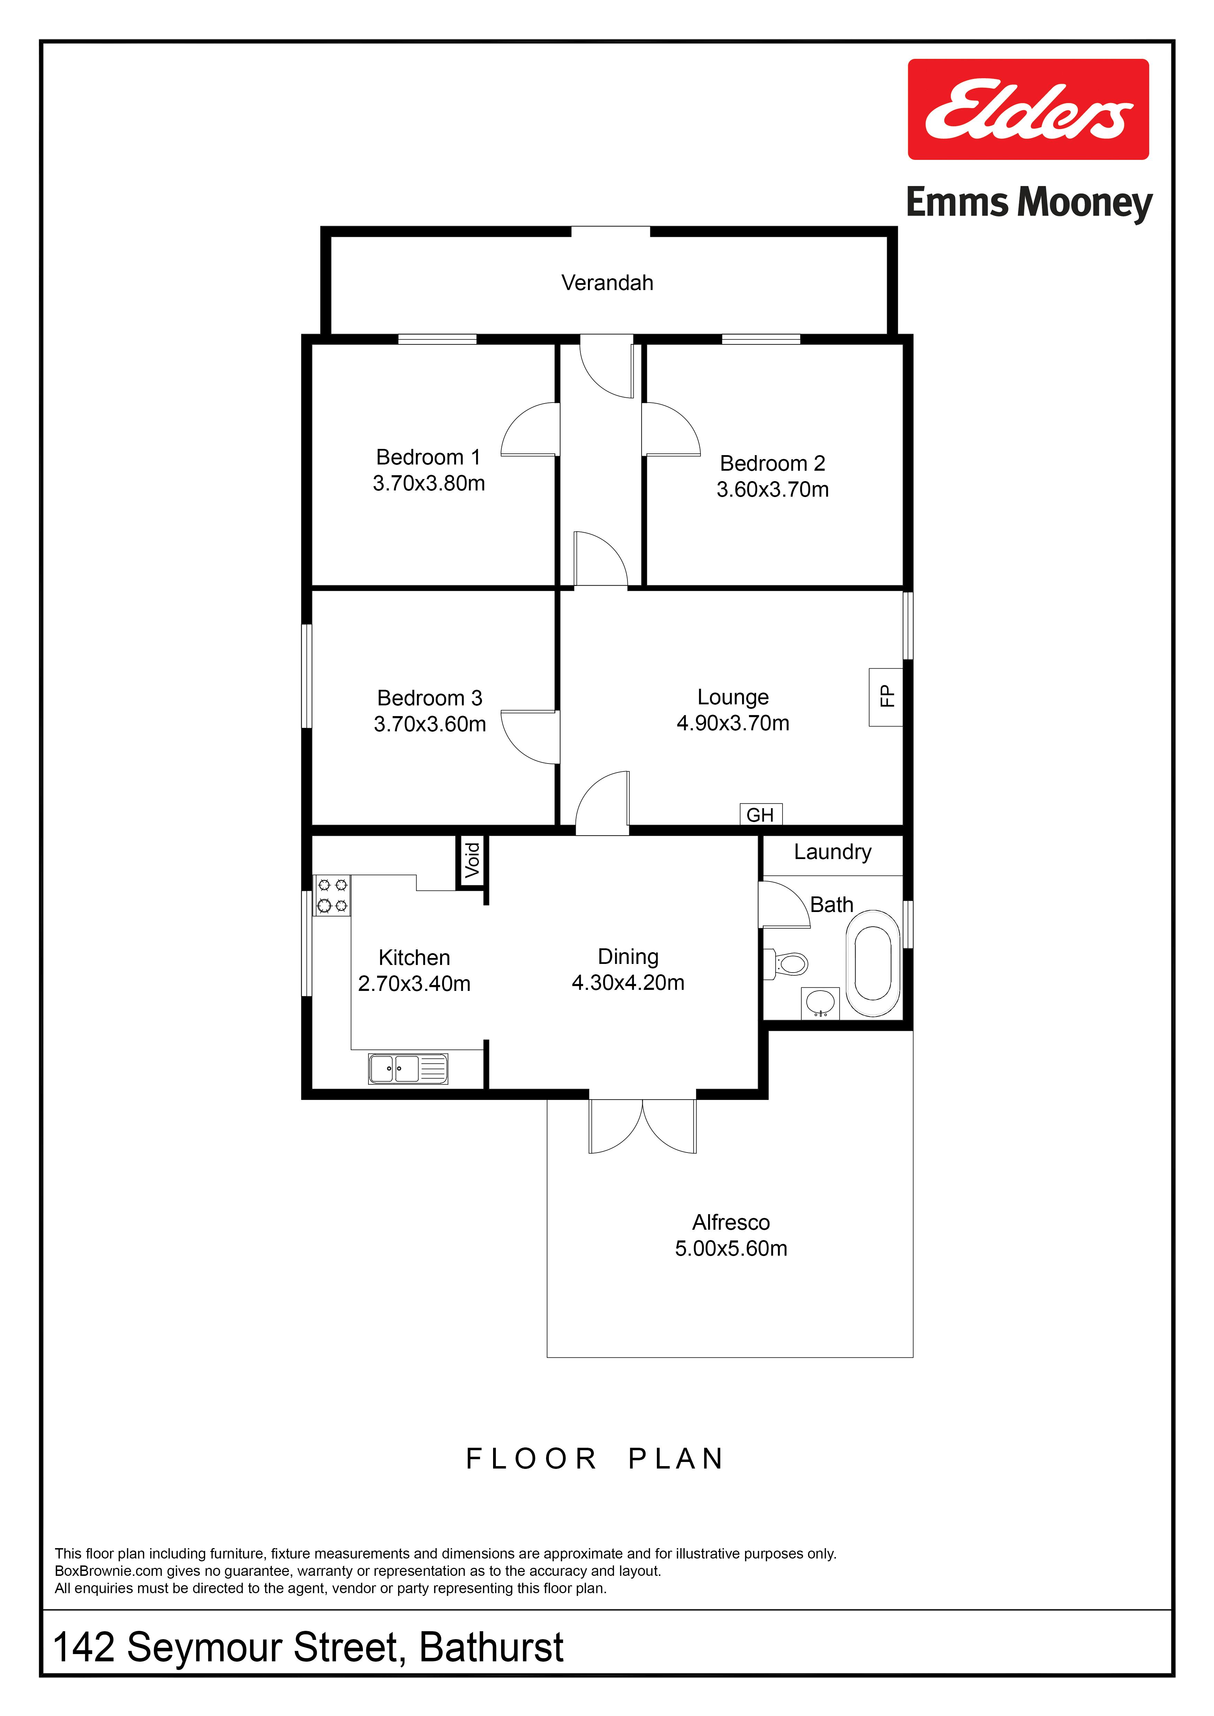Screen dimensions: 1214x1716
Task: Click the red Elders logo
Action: (x=1028, y=109)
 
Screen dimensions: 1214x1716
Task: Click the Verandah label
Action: (x=607, y=282)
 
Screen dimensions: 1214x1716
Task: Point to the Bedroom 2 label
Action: (x=772, y=463)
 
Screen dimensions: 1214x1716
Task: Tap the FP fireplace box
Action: (x=886, y=697)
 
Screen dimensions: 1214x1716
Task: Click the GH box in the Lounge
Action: (x=760, y=814)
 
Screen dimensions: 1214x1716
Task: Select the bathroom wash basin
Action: (x=820, y=1002)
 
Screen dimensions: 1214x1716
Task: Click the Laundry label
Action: (x=832, y=852)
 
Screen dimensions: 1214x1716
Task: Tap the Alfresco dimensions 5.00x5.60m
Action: (x=731, y=1248)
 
